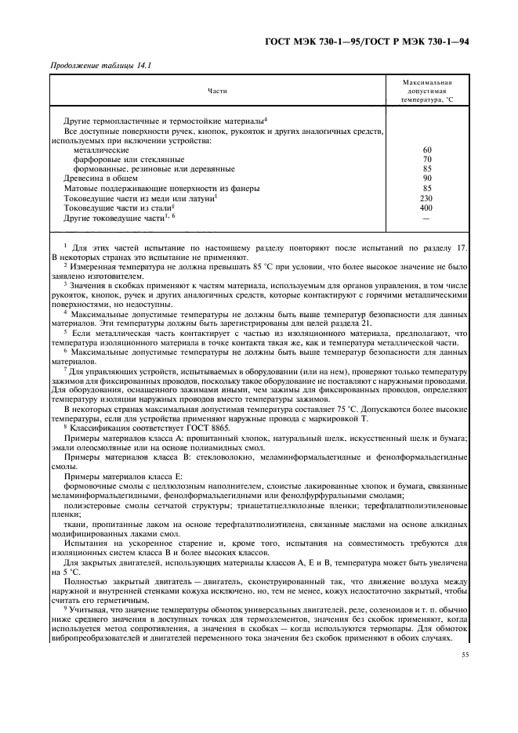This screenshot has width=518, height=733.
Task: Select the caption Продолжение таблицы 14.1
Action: pyautogui.click(x=100, y=65)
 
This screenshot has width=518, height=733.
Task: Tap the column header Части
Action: pyautogui.click(x=217, y=92)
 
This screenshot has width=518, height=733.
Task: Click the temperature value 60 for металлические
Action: pyautogui.click(x=427, y=149)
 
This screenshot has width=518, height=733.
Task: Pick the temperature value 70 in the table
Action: pyautogui.click(x=427, y=158)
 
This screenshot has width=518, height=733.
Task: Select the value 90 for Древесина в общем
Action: pyautogui.click(x=427, y=178)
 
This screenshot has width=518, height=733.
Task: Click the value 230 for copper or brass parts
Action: pyautogui.click(x=427, y=198)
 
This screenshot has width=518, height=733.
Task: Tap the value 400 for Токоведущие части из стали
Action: pyautogui.click(x=427, y=208)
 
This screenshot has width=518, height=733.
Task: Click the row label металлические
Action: pyautogui.click(x=101, y=149)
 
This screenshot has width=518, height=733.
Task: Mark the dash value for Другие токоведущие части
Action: pyautogui.click(x=427, y=218)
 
